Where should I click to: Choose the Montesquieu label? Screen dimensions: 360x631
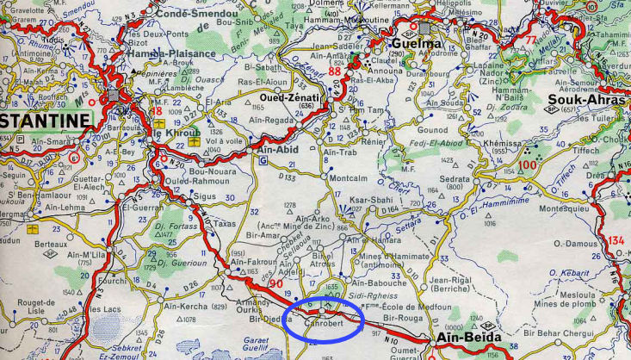[x=563, y=208]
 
